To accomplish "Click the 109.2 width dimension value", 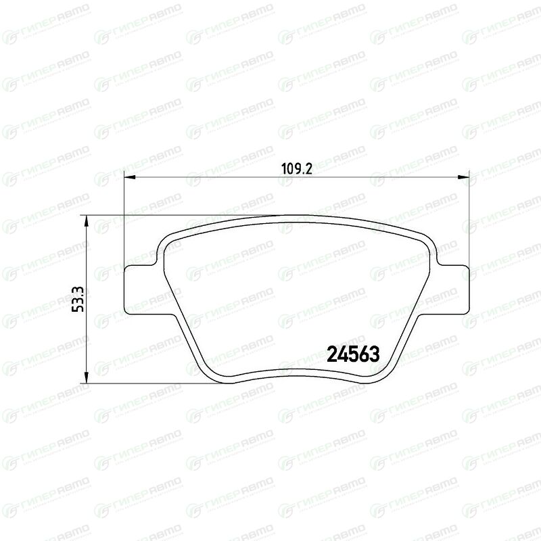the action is pyautogui.click(x=297, y=169).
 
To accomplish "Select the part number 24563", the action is pyautogui.click(x=352, y=354).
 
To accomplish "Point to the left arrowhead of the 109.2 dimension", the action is pyautogui.click(x=128, y=177).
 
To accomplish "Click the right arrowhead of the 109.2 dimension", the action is pyautogui.click(x=464, y=177).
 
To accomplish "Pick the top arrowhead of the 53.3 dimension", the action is pyautogui.click(x=87, y=221).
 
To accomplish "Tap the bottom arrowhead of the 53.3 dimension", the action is pyautogui.click(x=87, y=377).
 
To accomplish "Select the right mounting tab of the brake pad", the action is pyautogui.click(x=452, y=290).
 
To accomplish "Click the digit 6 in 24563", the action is pyautogui.click(x=364, y=354).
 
